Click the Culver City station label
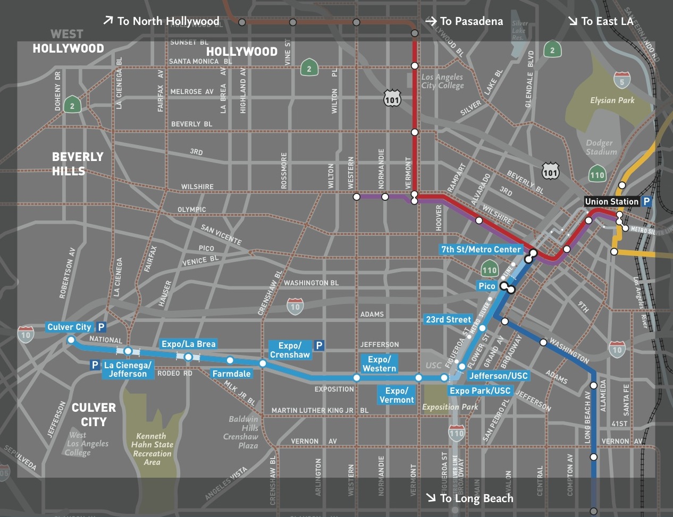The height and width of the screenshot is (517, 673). click(69, 327)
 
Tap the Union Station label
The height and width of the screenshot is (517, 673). click(611, 201)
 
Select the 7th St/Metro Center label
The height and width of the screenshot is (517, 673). click(481, 249)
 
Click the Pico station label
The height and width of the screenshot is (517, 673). click(486, 286)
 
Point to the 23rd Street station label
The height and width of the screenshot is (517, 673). click(448, 319)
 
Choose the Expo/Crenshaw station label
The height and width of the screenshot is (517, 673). click(290, 350)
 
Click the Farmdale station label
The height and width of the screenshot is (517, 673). click(231, 374)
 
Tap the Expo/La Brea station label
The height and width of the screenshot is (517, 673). click(188, 344)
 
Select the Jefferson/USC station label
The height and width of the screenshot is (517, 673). click(498, 376)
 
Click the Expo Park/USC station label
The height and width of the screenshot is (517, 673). click(480, 391)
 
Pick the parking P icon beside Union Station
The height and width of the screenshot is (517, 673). click(646, 201)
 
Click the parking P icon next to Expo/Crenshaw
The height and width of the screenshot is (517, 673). click(319, 345)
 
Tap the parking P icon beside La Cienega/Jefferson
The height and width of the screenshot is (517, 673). click(95, 365)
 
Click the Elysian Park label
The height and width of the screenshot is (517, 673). click(612, 100)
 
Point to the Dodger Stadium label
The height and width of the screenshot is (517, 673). click(601, 147)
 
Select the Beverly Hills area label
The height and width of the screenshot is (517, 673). click(77, 164)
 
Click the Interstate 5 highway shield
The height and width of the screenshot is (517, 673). click(622, 80)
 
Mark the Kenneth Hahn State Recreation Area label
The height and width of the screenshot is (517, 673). click(152, 449)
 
